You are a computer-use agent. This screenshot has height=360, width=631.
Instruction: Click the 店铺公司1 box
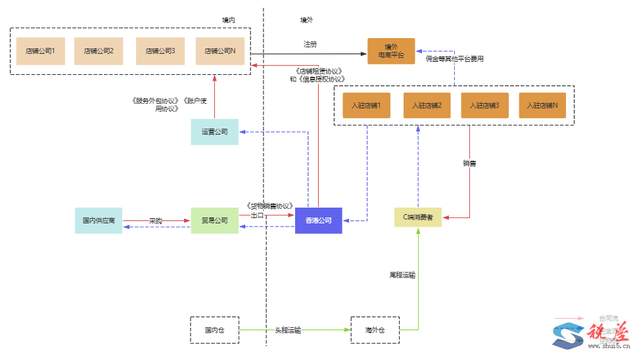40,51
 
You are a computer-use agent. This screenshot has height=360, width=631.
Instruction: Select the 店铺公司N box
220,51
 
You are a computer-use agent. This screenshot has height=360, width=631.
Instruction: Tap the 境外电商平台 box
391,51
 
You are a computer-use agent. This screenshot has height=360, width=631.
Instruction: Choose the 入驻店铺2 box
427,105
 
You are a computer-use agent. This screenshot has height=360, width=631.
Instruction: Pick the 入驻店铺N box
542,105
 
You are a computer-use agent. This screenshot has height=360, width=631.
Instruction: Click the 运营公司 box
215,132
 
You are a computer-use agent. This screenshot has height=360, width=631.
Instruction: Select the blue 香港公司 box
319,221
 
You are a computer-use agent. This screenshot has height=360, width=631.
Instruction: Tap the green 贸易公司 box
215,221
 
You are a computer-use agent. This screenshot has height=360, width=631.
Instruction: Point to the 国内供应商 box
99,221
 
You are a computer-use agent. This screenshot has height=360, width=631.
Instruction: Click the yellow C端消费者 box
418,217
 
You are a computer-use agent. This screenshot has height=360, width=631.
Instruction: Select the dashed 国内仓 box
214,330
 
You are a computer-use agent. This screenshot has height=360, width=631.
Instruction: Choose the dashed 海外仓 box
375,330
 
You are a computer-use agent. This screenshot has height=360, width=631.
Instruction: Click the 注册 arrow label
310,44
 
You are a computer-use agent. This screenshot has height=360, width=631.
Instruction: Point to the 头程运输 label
288,330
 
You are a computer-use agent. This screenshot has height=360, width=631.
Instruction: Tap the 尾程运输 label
402,275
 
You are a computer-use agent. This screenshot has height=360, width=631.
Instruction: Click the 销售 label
469,163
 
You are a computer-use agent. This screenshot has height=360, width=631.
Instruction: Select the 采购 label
155,221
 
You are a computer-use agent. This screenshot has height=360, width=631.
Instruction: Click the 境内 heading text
228,20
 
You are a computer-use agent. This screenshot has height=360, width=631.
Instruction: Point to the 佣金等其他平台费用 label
455,59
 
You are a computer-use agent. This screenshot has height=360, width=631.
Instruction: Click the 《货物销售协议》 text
268,206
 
